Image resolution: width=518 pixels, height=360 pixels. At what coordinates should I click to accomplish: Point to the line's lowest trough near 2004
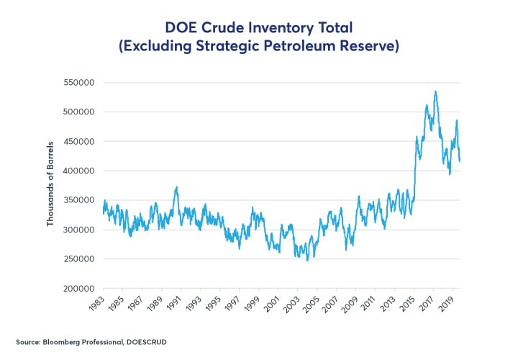click(x=307, y=260)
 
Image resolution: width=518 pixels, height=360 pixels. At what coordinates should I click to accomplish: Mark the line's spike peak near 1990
click(x=176, y=187)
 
